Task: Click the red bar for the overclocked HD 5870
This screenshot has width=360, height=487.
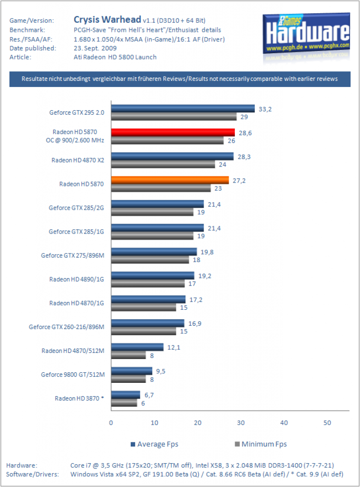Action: tap(173, 133)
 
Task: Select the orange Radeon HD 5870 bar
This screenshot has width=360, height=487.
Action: tap(170, 180)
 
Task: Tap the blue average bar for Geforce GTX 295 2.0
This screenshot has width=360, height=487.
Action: tap(183, 109)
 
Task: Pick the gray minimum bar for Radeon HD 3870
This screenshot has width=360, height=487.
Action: tap(124, 403)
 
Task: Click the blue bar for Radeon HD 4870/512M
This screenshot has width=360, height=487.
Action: tap(137, 347)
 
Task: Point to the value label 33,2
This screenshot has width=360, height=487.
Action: tap(265, 109)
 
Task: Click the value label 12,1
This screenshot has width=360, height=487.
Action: tap(174, 347)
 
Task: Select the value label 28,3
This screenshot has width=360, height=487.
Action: tap(244, 157)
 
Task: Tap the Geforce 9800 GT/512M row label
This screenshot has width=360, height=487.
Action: tap(73, 375)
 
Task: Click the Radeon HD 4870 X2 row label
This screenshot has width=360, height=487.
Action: tap(78, 160)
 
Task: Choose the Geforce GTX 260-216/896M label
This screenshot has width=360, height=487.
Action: tap(67, 327)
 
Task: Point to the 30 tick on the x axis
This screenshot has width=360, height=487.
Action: tap(241, 423)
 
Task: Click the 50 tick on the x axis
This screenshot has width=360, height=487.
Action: tap(327, 423)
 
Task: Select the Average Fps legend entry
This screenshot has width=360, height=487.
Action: tap(155, 444)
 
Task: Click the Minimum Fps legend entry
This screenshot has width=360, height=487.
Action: tap(261, 444)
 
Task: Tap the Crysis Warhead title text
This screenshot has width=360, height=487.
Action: tap(107, 19)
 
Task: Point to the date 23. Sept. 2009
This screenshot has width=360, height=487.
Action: tap(95, 48)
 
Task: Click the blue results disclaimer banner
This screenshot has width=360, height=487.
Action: tap(180, 79)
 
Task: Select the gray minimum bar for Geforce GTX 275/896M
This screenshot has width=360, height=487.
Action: tap(150, 260)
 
